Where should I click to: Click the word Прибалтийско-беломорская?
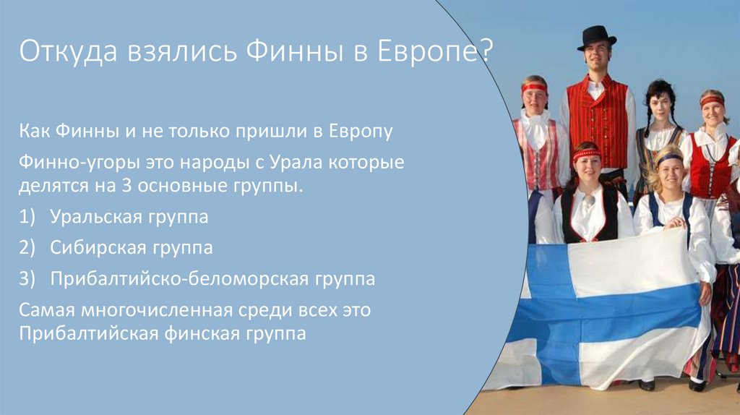pyautogui.click(x=169, y=279)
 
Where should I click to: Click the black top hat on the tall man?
pyautogui.click(x=596, y=37)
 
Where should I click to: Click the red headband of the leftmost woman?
pyautogui.click(x=535, y=87)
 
